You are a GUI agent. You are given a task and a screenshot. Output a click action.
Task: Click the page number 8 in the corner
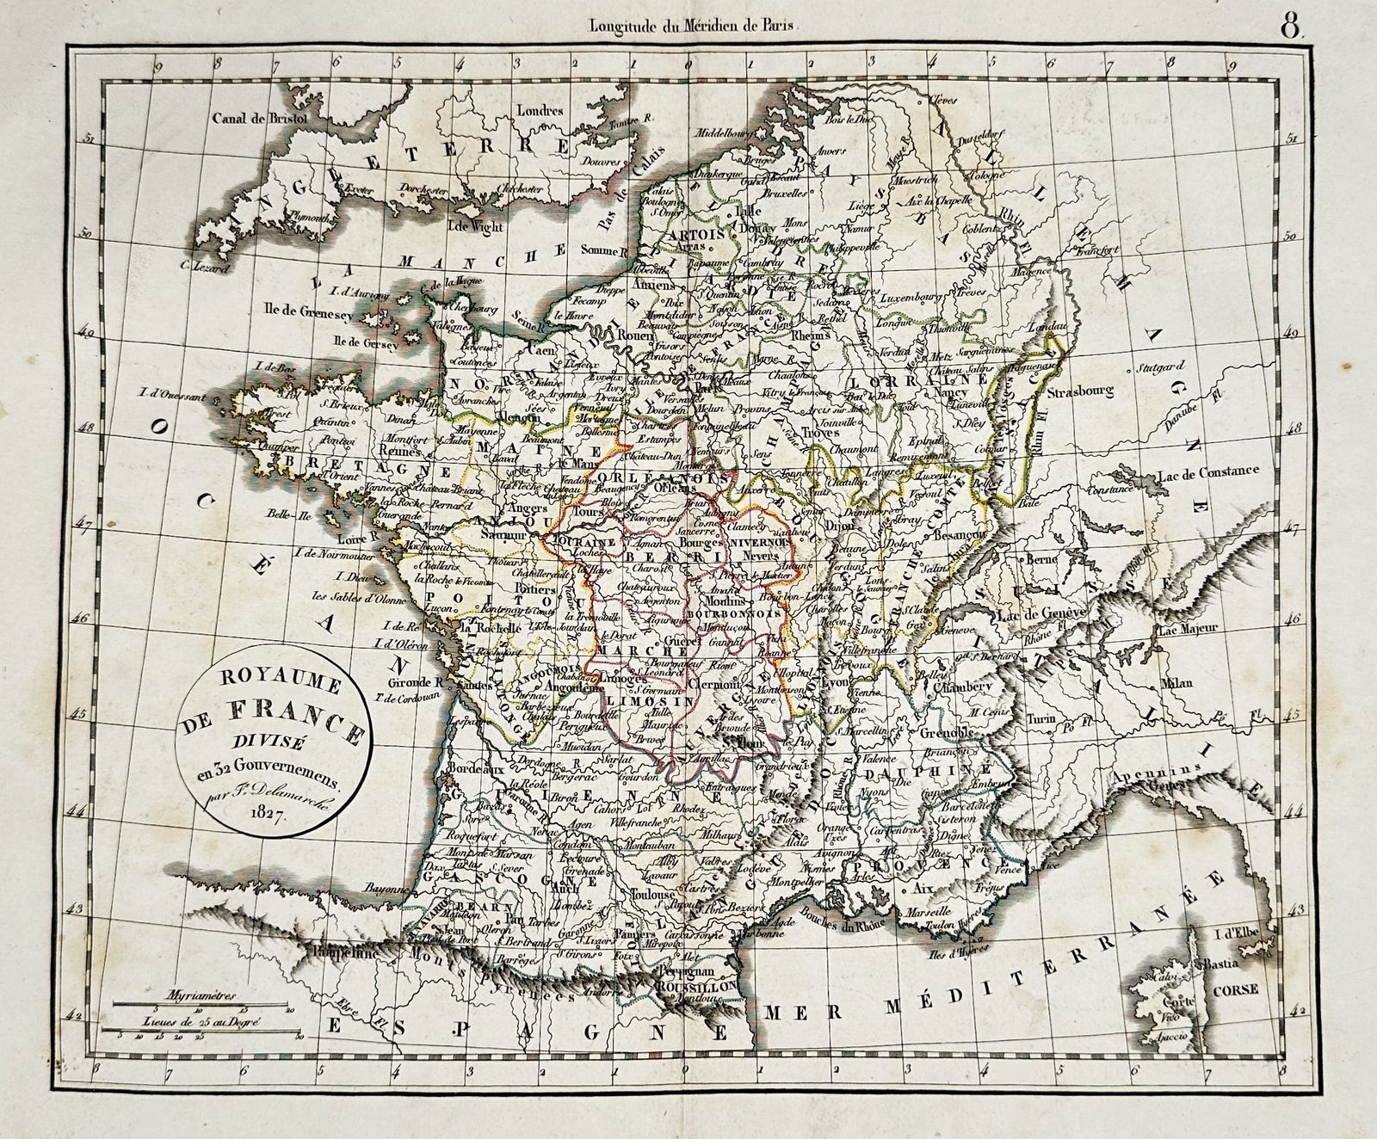(x=1291, y=26)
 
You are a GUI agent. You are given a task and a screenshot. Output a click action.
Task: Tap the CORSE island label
(x=1235, y=990)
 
